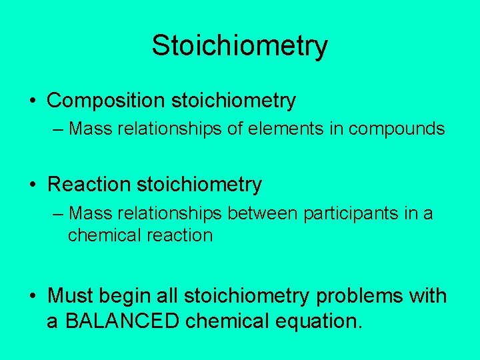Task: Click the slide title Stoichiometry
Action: (x=239, y=46)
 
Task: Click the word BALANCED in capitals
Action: (x=123, y=321)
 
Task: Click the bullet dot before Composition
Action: (x=33, y=101)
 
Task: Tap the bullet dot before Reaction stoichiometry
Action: (x=33, y=185)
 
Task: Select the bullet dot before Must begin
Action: (x=33, y=295)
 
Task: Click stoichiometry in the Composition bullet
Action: (x=233, y=101)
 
